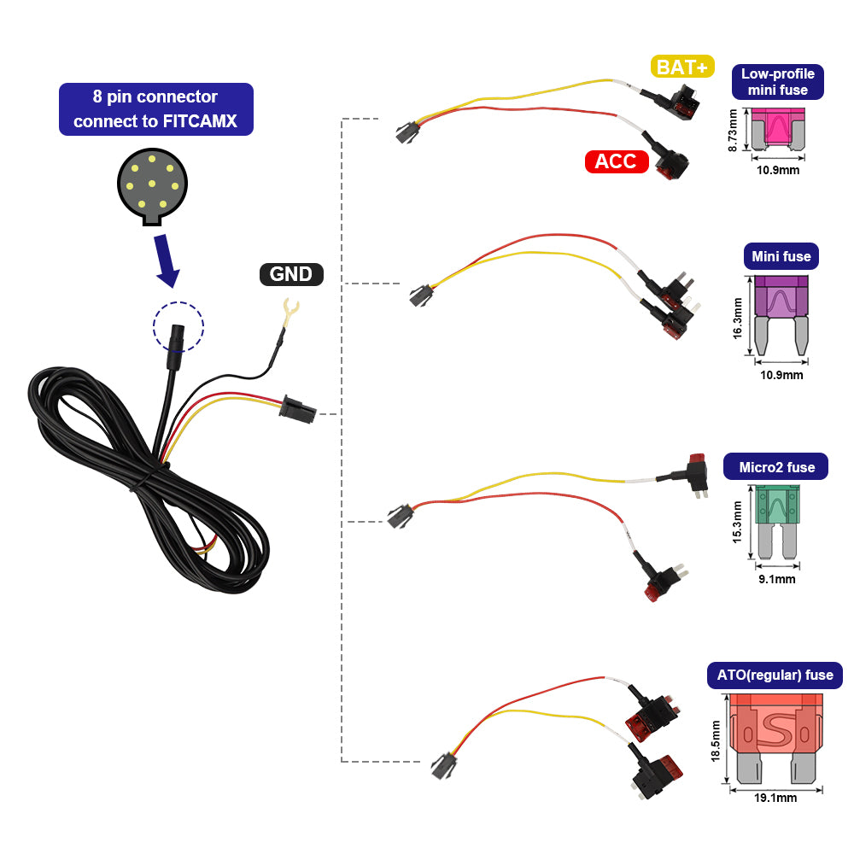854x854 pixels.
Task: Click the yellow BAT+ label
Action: click(x=682, y=67)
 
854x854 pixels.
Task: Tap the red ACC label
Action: click(x=617, y=161)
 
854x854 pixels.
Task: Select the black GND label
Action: click(x=291, y=274)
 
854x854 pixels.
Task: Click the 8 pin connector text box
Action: click(x=156, y=108)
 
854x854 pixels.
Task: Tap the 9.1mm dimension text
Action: click(x=777, y=579)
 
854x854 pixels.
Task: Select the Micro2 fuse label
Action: click(x=776, y=467)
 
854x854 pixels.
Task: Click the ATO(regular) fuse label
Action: click(x=775, y=675)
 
